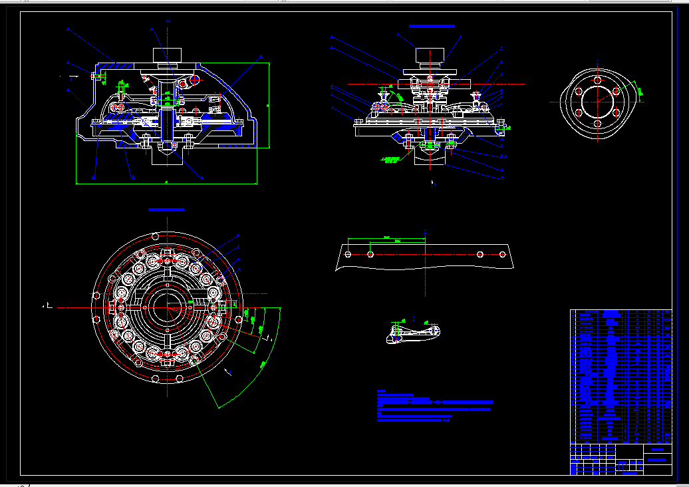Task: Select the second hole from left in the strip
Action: (370, 253)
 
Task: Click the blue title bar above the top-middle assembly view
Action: (432, 26)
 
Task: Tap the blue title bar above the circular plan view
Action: (166, 210)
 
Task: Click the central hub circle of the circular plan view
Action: (166, 307)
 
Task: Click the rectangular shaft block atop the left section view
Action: (167, 55)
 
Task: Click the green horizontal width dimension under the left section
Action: (166, 182)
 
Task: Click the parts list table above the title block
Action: (621, 376)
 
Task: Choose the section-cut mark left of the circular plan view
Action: (47, 306)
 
